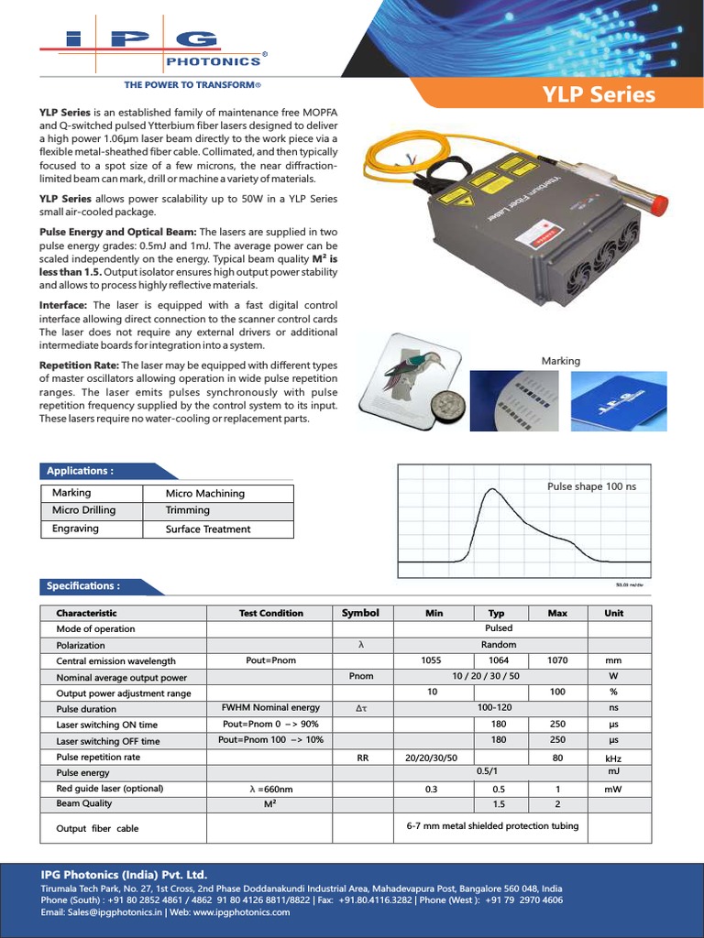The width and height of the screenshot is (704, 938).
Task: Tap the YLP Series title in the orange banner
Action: [x=599, y=95]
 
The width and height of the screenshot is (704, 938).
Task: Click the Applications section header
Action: [x=81, y=471]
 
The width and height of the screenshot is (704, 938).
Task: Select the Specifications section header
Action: [x=83, y=585]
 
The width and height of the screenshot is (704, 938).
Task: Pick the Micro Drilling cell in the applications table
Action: [x=84, y=510]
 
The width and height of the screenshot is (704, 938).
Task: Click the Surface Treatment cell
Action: [x=208, y=529]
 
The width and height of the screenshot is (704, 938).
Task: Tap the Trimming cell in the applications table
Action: [x=188, y=510]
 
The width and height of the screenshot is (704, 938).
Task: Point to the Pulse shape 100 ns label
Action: [x=591, y=486]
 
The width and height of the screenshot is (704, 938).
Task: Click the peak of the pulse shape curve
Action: [x=495, y=491]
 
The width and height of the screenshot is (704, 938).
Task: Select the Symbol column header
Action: [x=360, y=613]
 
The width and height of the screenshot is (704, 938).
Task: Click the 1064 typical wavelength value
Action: [x=499, y=660]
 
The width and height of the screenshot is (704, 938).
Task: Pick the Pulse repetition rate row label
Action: [x=98, y=758]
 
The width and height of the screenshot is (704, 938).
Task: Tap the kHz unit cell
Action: [x=613, y=758]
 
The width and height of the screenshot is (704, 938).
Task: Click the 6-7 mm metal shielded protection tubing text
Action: [x=492, y=825]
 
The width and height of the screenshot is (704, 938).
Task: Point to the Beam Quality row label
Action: [x=84, y=803]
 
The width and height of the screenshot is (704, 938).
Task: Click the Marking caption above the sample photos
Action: [x=561, y=361]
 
